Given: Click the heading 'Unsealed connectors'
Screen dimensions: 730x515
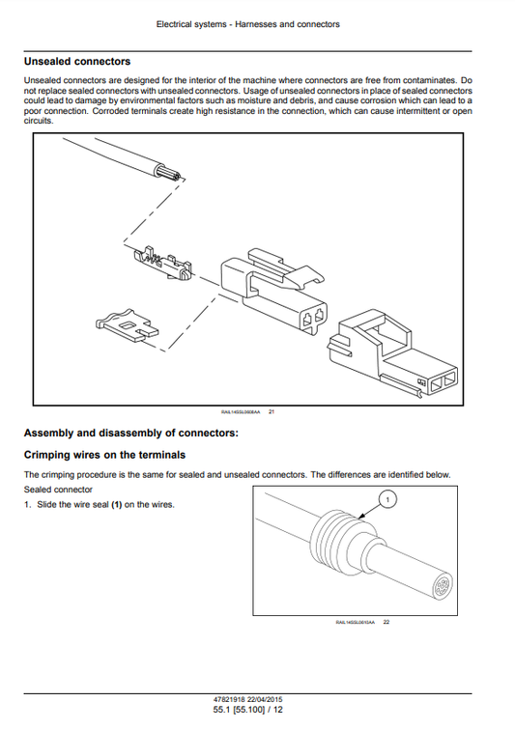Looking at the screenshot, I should [76, 62].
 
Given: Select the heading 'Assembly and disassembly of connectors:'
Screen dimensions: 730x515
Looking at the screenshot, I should [129, 433].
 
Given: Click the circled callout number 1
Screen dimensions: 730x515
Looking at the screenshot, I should [387, 498].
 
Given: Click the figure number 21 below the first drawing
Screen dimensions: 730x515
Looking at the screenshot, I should [272, 412].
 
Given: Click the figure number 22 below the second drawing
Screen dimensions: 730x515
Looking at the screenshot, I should [386, 622].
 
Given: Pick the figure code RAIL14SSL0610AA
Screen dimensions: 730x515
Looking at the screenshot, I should [355, 622].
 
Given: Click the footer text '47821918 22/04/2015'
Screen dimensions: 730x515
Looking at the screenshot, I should [258, 699].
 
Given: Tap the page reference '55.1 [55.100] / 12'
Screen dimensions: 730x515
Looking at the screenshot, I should [258, 711].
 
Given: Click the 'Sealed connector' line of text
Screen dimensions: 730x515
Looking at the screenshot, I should [57, 489].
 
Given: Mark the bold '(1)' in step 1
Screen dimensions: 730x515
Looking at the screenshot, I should [116, 504].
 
